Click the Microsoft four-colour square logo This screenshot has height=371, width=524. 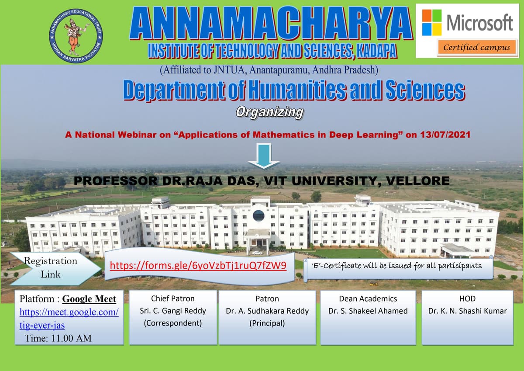coord(432,22)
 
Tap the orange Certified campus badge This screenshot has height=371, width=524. coord(476,47)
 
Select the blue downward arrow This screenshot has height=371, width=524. coord(263,156)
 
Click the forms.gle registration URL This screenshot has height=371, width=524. coord(198,266)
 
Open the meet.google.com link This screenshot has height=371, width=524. coord(69,319)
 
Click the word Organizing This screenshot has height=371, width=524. coord(269,112)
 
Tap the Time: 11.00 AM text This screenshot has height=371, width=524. coord(58,338)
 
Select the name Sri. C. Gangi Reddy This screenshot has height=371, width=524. coord(173,311)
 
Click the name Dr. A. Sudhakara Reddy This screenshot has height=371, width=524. coord(267,311)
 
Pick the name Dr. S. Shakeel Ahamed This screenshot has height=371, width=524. coord(368,311)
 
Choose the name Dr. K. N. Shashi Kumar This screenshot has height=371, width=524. coord(467,311)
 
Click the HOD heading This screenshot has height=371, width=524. coord(467,299)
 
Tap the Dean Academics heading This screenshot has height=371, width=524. coord(368,299)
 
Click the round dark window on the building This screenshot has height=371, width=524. coord(259,215)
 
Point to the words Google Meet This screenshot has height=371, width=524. coord(89,299)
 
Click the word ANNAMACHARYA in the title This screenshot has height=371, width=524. coord(271,24)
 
